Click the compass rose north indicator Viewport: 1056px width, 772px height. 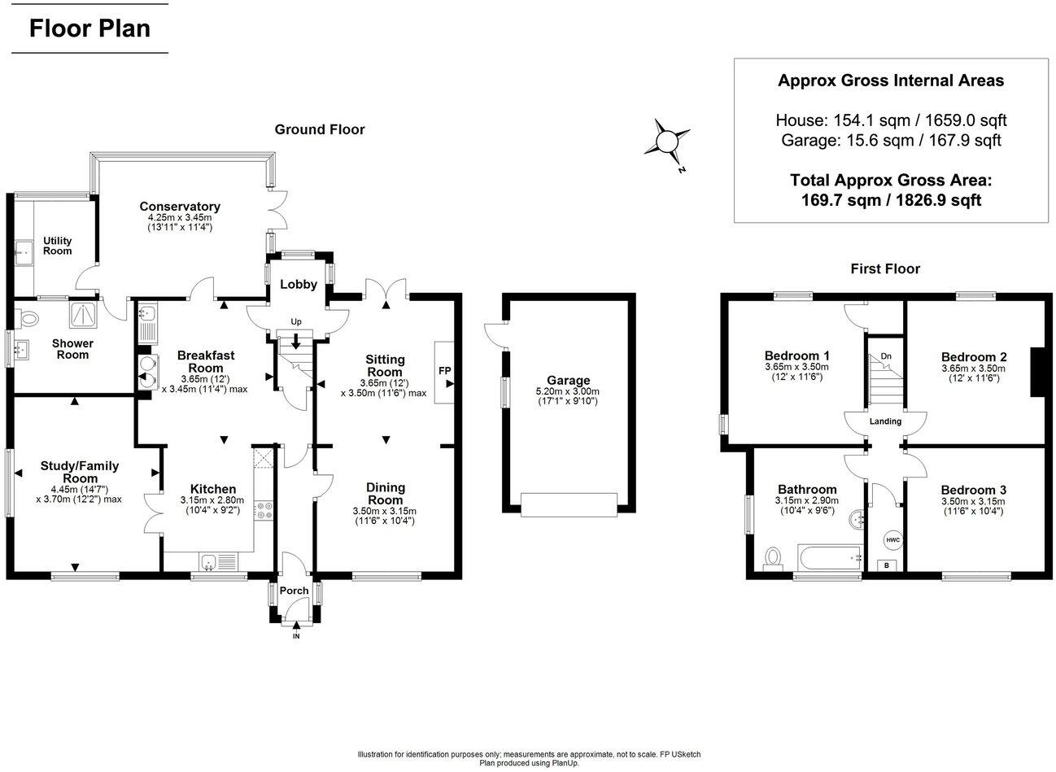coord(667,142)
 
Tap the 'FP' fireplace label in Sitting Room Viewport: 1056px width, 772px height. coord(444,371)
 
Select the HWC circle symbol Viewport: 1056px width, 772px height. coord(892,540)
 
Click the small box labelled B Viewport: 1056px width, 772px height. coord(887,565)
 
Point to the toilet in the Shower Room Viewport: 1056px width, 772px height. coord(30,315)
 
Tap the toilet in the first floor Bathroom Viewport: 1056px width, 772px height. coord(772,558)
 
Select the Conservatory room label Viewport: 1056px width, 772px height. coord(179,207)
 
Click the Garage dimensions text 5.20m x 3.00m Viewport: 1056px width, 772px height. coord(569,391)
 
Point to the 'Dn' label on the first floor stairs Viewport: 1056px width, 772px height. coord(886,356)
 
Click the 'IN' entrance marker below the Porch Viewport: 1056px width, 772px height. coord(295,636)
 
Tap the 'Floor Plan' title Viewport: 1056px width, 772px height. coord(89,28)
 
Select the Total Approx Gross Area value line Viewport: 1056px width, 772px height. coord(891,200)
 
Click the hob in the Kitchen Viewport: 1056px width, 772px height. coord(265,510)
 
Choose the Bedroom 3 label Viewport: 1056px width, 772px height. coord(973,490)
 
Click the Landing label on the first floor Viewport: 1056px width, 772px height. coord(885,421)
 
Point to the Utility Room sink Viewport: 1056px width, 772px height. coord(24,252)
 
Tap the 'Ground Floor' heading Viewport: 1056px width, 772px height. coord(319,129)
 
